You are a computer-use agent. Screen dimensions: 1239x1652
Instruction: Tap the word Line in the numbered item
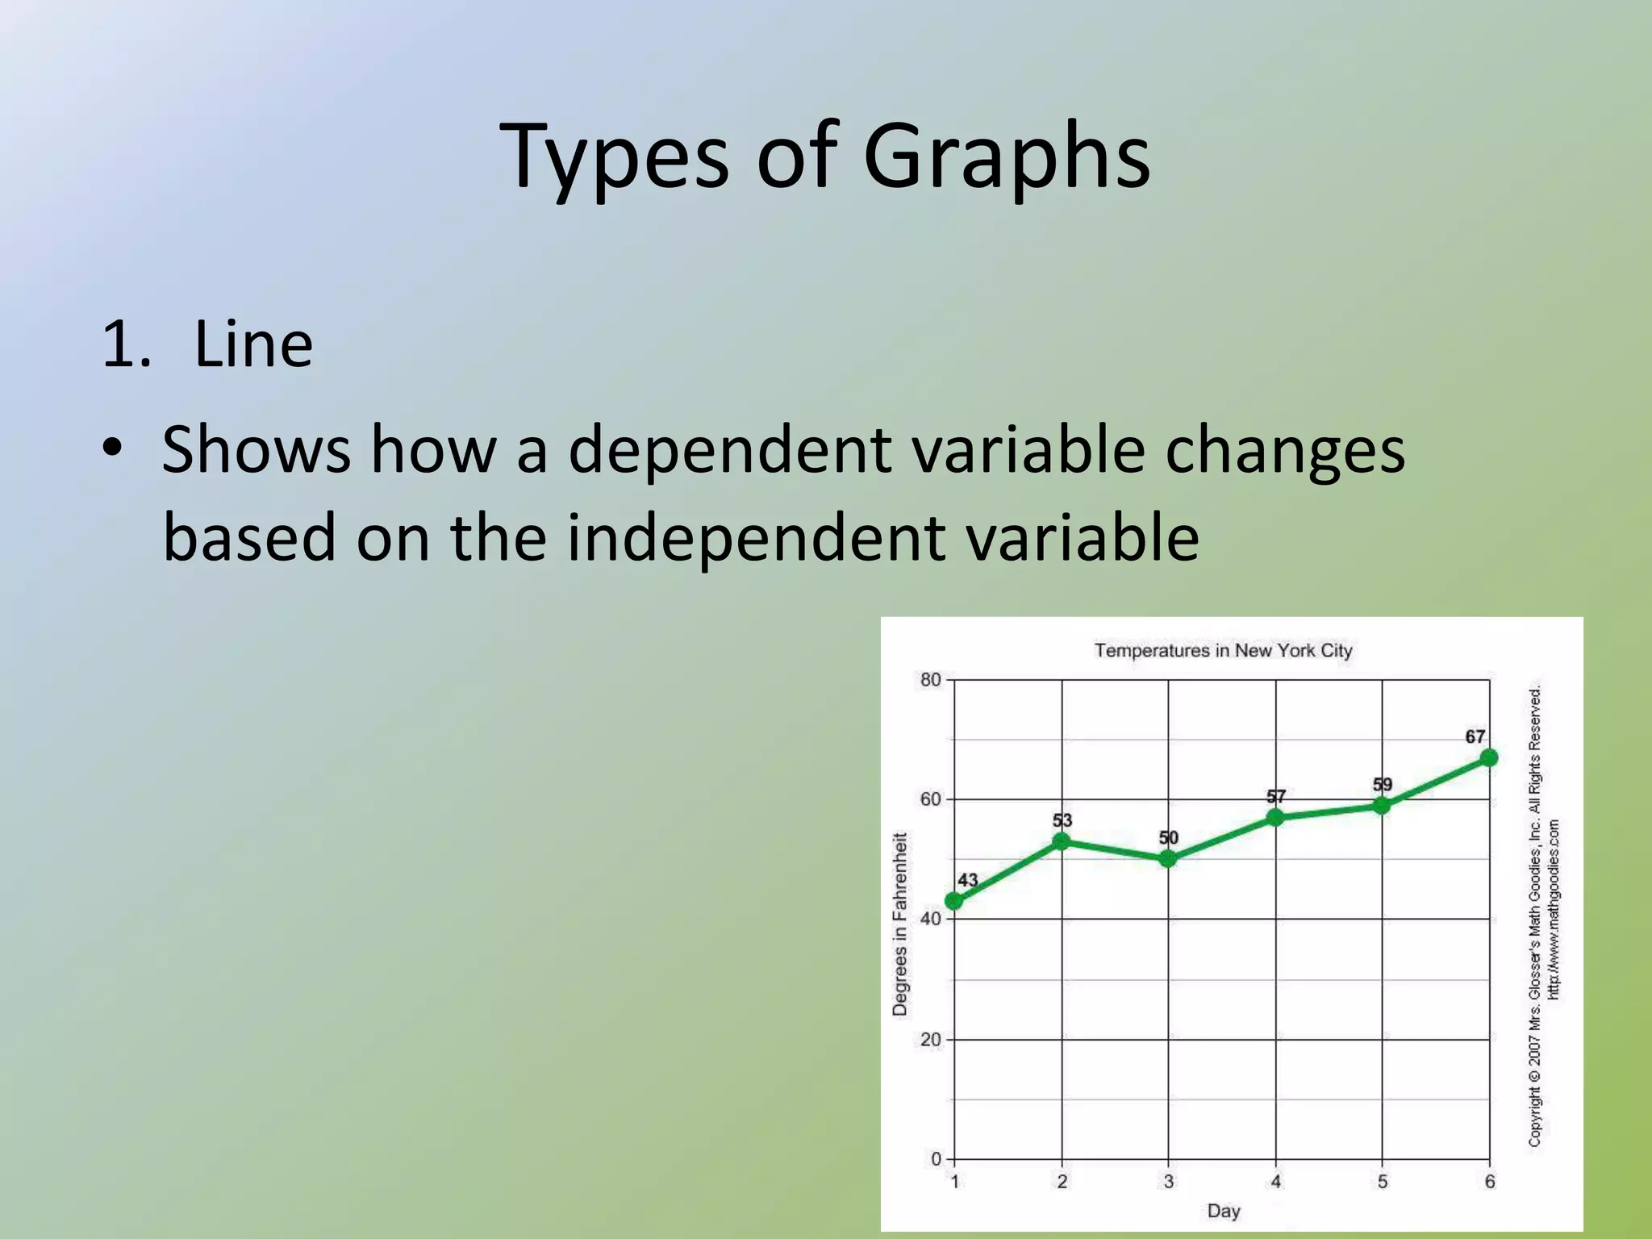253,345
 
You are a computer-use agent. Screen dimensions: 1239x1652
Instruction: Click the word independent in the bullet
756,538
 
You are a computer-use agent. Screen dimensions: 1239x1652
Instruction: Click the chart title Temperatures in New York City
1223,650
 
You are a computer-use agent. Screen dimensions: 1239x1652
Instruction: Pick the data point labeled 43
954,901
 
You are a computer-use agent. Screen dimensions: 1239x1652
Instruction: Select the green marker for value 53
1062,841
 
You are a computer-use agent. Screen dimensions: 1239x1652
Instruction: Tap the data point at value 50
1168,859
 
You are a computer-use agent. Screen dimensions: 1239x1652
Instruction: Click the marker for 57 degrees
1275,817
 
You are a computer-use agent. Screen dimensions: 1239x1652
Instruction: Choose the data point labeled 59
1382,805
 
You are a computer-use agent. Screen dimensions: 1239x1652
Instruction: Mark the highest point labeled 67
1489,757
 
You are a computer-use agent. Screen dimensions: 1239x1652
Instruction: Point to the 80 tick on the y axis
931,680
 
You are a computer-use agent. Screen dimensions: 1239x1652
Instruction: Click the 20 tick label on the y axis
931,1040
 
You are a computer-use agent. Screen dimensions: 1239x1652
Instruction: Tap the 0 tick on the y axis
936,1159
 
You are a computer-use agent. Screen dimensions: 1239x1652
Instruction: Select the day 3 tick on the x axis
1168,1182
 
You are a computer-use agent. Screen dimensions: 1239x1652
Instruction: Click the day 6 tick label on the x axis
1490,1182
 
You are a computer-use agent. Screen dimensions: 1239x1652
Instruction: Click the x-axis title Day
1223,1211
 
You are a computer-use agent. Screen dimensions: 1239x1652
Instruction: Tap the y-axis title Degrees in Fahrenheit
900,924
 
